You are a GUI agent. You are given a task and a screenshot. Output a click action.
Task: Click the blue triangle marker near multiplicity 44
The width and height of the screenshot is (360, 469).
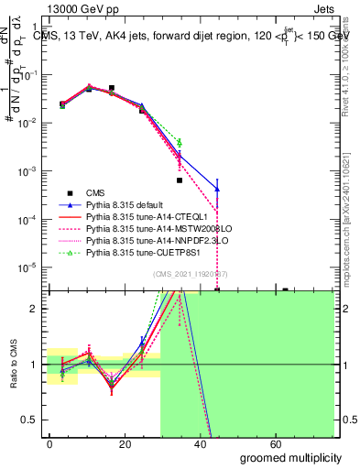217,189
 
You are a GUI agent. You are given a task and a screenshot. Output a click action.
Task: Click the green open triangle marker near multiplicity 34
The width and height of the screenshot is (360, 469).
180,143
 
